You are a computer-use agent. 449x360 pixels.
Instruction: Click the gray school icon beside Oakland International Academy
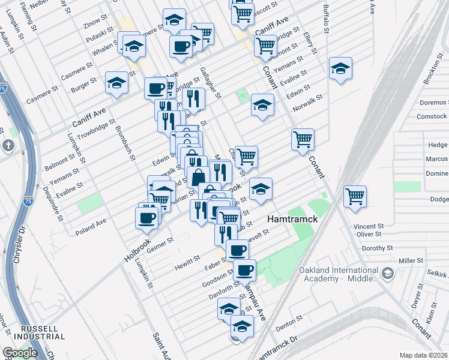pyautogui.click(x=388, y=274)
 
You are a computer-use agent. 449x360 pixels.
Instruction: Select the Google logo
pyautogui.click(x=20, y=352)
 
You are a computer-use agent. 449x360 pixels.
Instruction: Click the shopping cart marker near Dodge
pyautogui.click(x=355, y=196)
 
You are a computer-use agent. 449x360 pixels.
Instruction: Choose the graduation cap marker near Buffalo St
pyautogui.click(x=340, y=68)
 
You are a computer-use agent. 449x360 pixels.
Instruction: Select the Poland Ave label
pyautogui.click(x=90, y=230)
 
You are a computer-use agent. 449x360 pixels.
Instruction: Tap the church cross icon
pyautogui.click(x=8, y=145)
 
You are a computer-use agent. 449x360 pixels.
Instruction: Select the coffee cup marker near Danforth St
pyautogui.click(x=244, y=270)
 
